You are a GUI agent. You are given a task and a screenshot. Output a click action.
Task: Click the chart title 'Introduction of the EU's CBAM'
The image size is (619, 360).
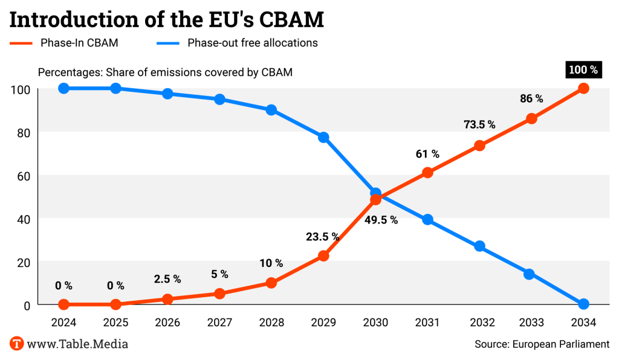click(167, 19)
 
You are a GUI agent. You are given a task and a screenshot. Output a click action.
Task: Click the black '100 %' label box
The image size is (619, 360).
click(583, 70)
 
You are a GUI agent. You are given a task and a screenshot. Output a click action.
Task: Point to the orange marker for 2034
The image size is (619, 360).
click(583, 88)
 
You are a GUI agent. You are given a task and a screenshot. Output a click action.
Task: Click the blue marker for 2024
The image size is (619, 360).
click(63, 88)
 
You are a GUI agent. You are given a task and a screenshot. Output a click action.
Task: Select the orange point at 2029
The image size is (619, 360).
click(323, 256)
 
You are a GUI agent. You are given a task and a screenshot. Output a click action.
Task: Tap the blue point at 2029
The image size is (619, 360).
click(323, 137)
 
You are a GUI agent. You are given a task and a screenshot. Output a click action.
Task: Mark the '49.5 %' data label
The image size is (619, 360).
click(381, 220)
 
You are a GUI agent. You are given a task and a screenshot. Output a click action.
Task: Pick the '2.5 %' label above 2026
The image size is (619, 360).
click(167, 279)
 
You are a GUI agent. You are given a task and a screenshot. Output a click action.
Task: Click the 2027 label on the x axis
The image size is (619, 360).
click(219, 323)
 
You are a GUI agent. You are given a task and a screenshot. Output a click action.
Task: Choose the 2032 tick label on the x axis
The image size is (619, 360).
click(479, 323)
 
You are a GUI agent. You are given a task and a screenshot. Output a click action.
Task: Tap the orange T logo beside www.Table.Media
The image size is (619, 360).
click(16, 344)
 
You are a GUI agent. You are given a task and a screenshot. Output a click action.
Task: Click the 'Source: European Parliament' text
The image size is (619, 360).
click(542, 344)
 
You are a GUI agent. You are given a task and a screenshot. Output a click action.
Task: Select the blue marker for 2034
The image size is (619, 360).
click(583, 304)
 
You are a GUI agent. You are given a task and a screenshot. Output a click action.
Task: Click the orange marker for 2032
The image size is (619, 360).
click(479, 146)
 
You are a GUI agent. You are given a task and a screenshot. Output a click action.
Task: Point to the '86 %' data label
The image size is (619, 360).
click(531, 98)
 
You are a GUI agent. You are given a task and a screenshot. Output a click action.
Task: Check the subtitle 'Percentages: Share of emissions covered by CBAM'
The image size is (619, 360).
click(165, 72)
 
